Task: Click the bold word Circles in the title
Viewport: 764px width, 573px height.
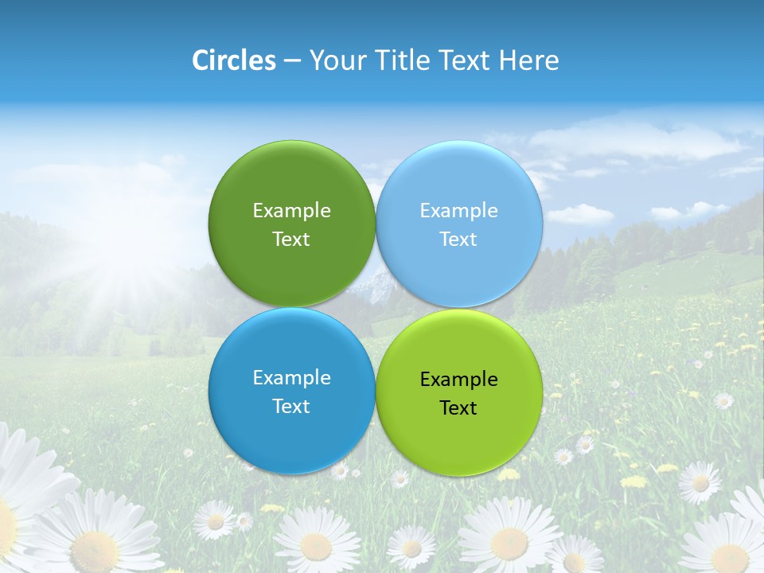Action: [x=234, y=60]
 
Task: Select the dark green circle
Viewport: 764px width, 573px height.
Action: [x=291, y=183]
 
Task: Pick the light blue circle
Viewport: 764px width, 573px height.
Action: [x=458, y=183]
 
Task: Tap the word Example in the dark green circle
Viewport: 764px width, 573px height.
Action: [x=291, y=211]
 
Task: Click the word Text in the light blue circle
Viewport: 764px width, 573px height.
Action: [x=458, y=240]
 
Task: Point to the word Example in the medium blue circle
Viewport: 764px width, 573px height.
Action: [x=291, y=378]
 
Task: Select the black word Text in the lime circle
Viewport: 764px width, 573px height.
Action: [x=458, y=408]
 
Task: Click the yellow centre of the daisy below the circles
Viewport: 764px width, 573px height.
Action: [x=316, y=547]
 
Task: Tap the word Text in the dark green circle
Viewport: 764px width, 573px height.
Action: [x=291, y=240]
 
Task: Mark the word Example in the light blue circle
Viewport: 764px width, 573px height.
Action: [x=458, y=211]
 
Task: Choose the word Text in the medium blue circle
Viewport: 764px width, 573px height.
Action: [x=291, y=407]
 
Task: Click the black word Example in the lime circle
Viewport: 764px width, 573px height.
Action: [x=458, y=380]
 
